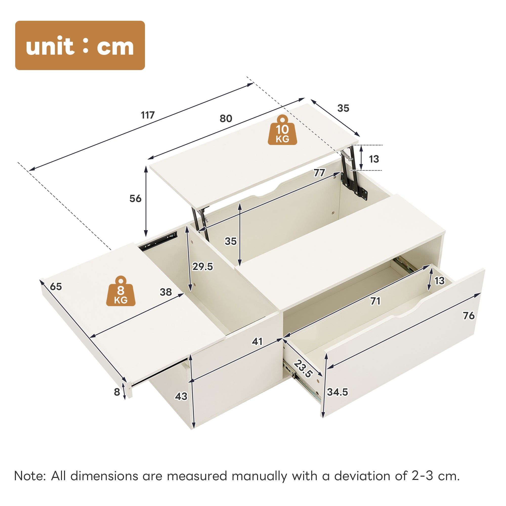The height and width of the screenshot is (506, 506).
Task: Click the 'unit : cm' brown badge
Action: coord(80,45)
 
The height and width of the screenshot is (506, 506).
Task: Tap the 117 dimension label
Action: coord(148,115)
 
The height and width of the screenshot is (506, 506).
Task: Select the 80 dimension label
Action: coord(226,119)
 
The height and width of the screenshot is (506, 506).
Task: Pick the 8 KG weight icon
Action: coord(121,291)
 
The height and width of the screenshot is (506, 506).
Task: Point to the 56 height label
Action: coord(135,199)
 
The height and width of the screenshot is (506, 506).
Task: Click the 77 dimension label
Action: coord(319,173)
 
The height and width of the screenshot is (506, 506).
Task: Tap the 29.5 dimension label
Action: coord(203,267)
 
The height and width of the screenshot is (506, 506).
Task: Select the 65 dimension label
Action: coord(56,287)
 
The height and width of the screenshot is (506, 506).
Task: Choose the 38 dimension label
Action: coord(166,292)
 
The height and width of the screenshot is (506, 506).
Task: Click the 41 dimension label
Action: coord(257,342)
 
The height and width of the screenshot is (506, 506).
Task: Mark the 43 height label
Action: coord(181,396)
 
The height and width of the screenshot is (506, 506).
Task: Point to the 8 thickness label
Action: coord(117,392)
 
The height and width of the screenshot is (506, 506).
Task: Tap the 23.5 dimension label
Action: coord(303,369)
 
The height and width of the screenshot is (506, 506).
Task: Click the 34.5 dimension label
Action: coord(338,392)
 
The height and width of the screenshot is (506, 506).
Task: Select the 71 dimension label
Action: coord(375,301)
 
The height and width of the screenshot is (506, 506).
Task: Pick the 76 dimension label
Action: coord(469,315)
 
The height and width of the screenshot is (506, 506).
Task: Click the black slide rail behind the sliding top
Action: coord(158,241)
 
